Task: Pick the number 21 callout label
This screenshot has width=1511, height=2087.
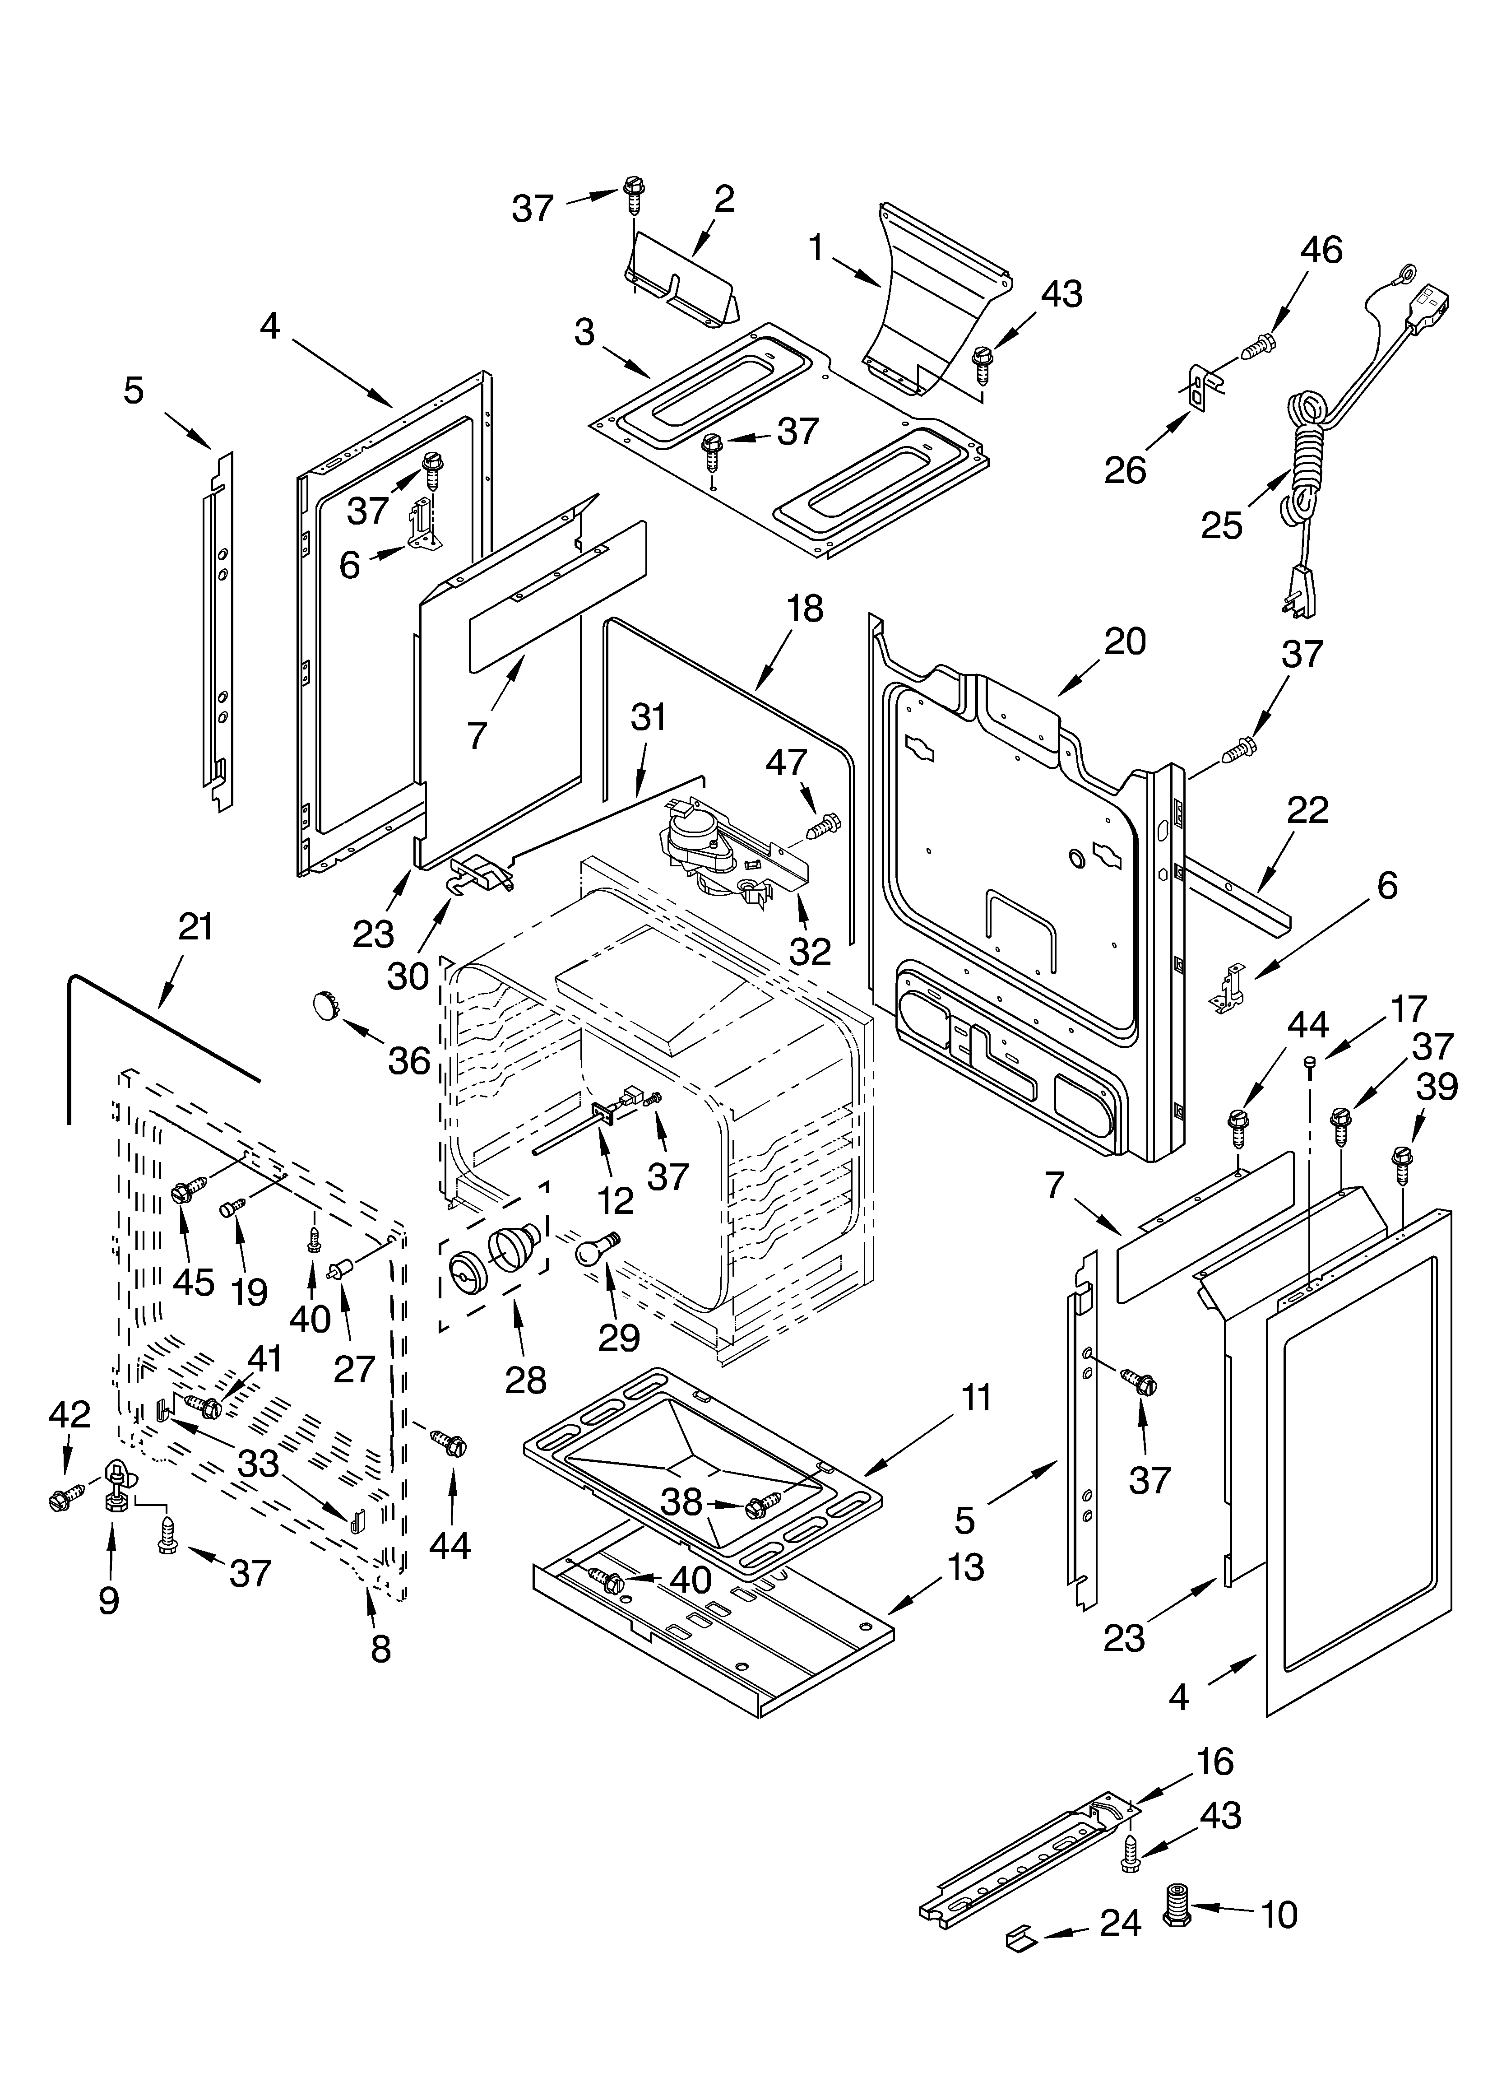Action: tap(195, 928)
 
